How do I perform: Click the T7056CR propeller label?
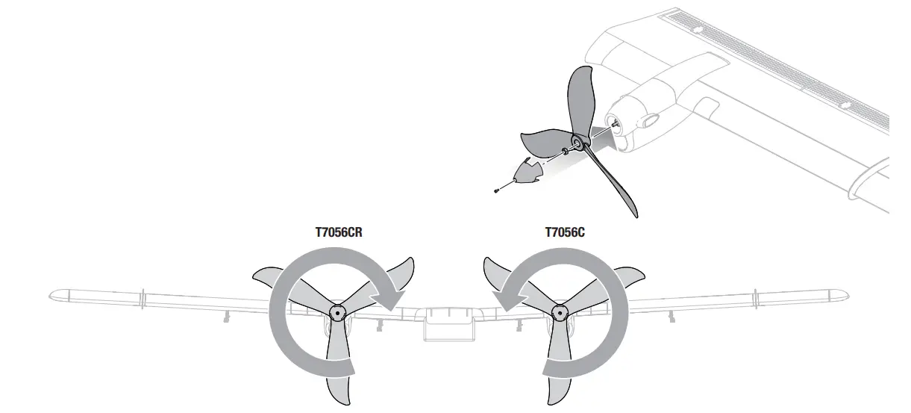click(339, 232)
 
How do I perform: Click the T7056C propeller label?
click(565, 232)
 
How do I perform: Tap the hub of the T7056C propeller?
click(557, 311)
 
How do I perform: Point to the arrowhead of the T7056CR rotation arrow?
click(390, 299)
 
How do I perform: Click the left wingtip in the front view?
click(56, 294)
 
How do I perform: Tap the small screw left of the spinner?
click(497, 192)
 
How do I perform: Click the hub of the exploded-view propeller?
click(578, 140)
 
